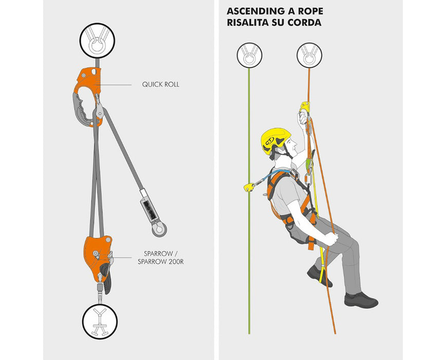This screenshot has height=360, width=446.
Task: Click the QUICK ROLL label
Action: pos(161,84)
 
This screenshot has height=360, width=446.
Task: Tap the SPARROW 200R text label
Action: pos(161,262)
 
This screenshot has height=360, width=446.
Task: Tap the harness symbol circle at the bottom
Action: pos(100,321)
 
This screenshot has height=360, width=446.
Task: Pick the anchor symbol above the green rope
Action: pos(249,56)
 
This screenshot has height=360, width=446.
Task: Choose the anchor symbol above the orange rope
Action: pos(309,56)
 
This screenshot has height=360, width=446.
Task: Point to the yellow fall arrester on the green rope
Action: pos(249,187)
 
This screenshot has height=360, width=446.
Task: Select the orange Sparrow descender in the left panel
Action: pos(98,259)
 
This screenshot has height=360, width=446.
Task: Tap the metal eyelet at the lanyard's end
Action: pos(159,229)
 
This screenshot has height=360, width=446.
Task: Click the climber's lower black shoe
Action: pos(361,300)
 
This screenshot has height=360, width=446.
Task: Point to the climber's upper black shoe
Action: pos(319,276)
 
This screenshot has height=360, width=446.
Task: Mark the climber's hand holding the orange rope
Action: pos(331,239)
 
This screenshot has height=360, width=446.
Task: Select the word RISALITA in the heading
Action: pos(247,23)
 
